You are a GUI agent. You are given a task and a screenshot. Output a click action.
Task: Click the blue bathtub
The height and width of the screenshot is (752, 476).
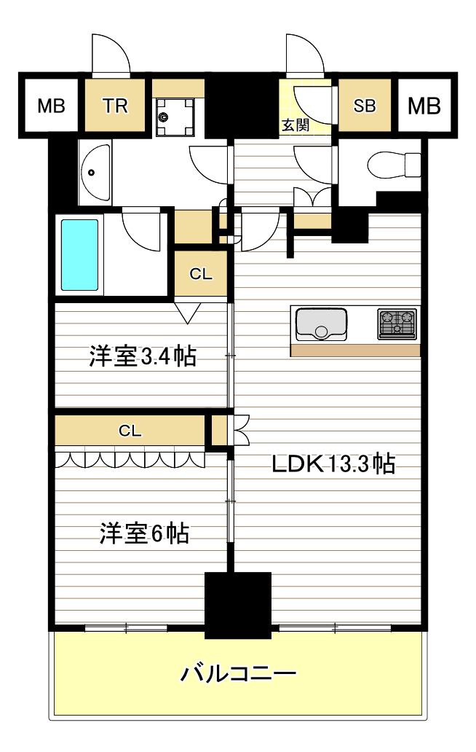point(79,255)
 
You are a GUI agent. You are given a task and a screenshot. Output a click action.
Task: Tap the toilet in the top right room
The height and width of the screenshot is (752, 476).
point(394,165)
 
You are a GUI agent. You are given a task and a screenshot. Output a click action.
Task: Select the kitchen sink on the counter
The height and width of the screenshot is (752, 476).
point(321,324)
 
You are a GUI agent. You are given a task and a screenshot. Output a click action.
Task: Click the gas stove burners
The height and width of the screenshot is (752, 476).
point(397,324)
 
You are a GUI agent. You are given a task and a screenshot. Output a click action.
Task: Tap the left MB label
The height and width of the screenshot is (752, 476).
point(51,106)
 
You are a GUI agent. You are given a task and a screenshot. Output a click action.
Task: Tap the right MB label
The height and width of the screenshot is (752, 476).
point(424,106)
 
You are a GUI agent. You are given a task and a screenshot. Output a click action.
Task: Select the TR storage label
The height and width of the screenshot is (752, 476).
point(115,106)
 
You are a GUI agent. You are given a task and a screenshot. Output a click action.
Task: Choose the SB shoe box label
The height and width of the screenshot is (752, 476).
point(365,106)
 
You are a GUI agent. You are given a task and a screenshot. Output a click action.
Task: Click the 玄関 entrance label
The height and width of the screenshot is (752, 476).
point(295,125)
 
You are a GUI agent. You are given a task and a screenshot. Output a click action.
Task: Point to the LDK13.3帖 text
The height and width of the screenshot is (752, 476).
point(334,463)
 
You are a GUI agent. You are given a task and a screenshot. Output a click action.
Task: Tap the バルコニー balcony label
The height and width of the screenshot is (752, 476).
point(238,673)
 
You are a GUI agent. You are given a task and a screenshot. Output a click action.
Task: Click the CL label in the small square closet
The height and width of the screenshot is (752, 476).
point(201,274)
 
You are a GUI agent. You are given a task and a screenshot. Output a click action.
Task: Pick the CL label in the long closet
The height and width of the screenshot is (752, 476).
point(130,431)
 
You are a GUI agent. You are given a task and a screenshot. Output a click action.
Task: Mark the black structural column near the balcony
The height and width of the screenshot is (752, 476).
point(238,606)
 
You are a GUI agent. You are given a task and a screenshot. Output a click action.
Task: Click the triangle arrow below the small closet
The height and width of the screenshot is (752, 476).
point(187,313)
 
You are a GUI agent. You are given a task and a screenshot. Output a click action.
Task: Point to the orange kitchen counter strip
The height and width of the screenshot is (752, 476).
point(355,350)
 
